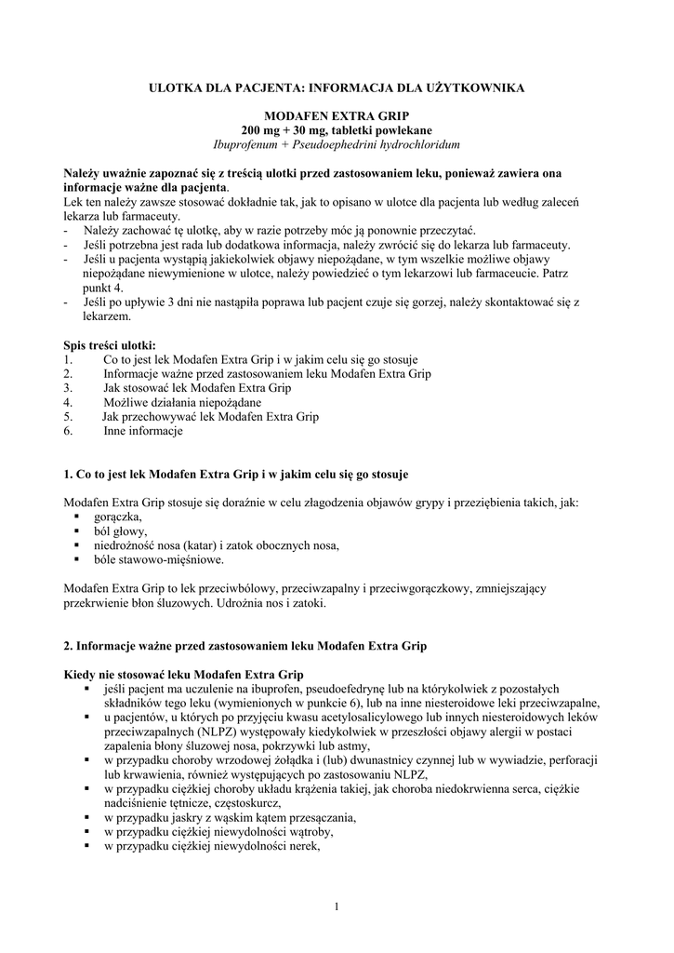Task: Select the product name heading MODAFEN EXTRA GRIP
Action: coord(337,114)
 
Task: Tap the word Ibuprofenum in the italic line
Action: coord(244,145)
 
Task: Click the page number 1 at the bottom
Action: coord(337,906)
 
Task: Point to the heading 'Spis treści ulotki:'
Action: coord(110,344)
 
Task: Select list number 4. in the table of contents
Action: coord(68,402)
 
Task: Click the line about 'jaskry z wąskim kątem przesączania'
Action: coord(231,818)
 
